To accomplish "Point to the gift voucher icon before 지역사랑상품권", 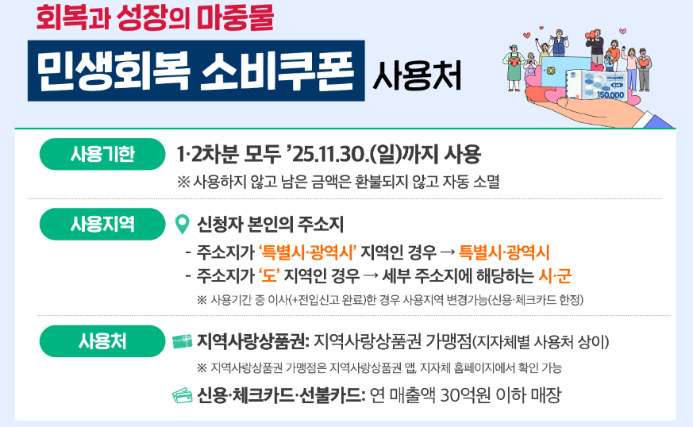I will point(182,342).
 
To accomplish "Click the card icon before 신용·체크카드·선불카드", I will point(182,395).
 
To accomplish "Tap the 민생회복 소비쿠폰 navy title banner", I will point(195,71).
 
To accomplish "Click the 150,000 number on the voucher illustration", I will point(610,94).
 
